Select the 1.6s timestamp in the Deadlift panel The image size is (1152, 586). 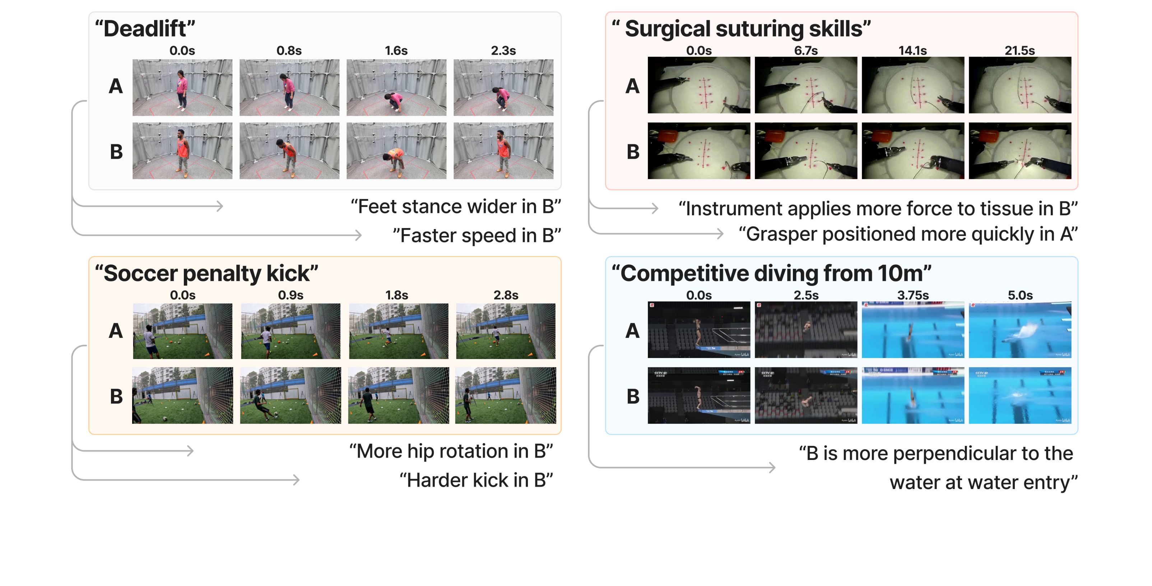coord(396,51)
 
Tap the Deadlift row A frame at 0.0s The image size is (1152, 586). coord(182,87)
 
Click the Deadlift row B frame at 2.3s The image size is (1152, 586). coord(503,151)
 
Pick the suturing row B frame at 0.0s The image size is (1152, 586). coord(698,151)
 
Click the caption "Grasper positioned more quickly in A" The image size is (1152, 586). coord(908,234)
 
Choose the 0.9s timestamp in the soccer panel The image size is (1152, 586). coord(291,295)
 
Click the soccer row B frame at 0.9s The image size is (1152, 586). coord(290,395)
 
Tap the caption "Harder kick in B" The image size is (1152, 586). coord(476,480)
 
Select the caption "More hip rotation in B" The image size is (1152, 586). coord(451,451)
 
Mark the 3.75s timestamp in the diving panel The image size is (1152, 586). coord(913,295)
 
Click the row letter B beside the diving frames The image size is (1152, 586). coord(633,396)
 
